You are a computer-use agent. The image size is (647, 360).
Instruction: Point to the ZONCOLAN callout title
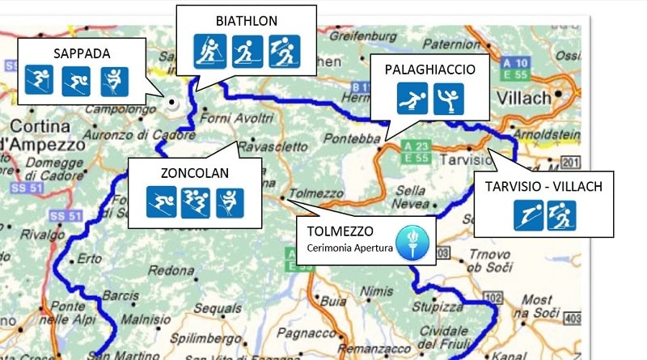[x=194, y=172]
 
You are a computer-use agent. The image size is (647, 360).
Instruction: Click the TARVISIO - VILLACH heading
[x=544, y=187]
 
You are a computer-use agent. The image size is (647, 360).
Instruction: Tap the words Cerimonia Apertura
[x=349, y=248]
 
